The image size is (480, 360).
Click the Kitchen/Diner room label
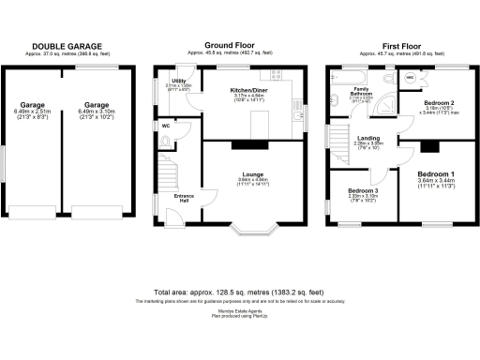pos(251,91)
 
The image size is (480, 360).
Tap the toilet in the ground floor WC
pos(165,142)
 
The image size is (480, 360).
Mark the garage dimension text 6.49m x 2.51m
pos(33,110)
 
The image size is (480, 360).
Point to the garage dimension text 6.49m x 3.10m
pos(96,110)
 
